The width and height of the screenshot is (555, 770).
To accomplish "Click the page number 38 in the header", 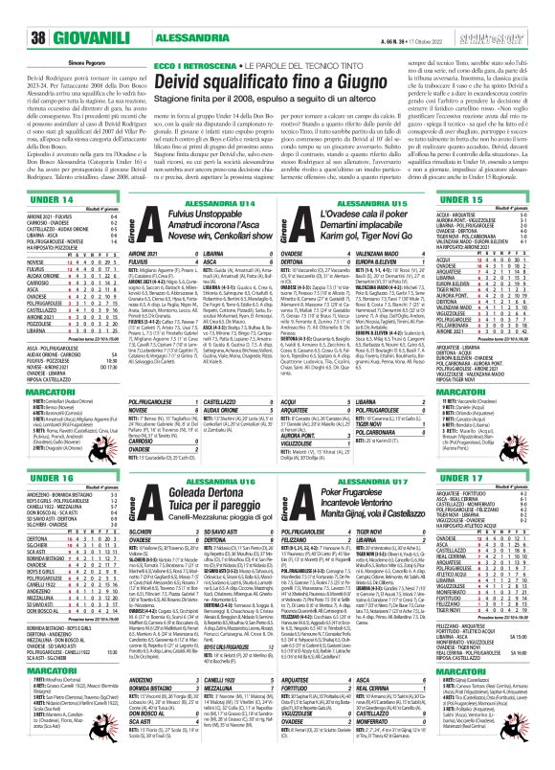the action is tap(16, 11).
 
